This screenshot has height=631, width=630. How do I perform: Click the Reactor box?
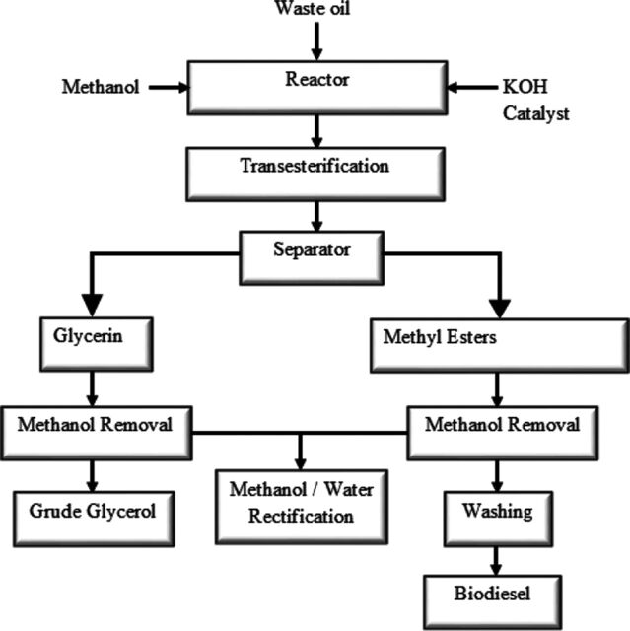(317, 88)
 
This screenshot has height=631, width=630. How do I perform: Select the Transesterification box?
(315, 174)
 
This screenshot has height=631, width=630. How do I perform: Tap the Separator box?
(312, 258)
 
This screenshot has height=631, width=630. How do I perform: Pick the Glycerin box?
(97, 344)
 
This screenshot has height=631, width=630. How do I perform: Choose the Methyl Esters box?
(500, 346)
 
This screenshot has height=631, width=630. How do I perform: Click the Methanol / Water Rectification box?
(302, 507)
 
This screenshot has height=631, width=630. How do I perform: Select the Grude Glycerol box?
(94, 519)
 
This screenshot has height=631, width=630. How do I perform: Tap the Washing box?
(498, 519)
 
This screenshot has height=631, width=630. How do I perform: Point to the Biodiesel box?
(492, 601)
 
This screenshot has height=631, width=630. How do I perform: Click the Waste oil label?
(313, 8)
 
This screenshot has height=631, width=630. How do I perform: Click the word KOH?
(525, 87)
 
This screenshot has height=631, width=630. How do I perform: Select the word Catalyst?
(536, 114)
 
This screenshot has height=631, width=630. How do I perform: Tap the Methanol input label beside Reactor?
(101, 87)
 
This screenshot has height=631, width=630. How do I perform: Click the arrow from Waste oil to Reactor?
(317, 41)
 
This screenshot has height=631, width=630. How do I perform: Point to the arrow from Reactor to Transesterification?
(317, 131)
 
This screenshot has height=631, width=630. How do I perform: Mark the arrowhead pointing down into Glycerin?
(92, 305)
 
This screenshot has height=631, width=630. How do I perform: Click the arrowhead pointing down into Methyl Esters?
(500, 309)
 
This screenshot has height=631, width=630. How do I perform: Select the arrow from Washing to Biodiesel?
(496, 561)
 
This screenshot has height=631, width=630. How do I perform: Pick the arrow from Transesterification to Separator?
(317, 216)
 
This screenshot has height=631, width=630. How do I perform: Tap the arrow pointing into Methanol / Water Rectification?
(300, 452)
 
